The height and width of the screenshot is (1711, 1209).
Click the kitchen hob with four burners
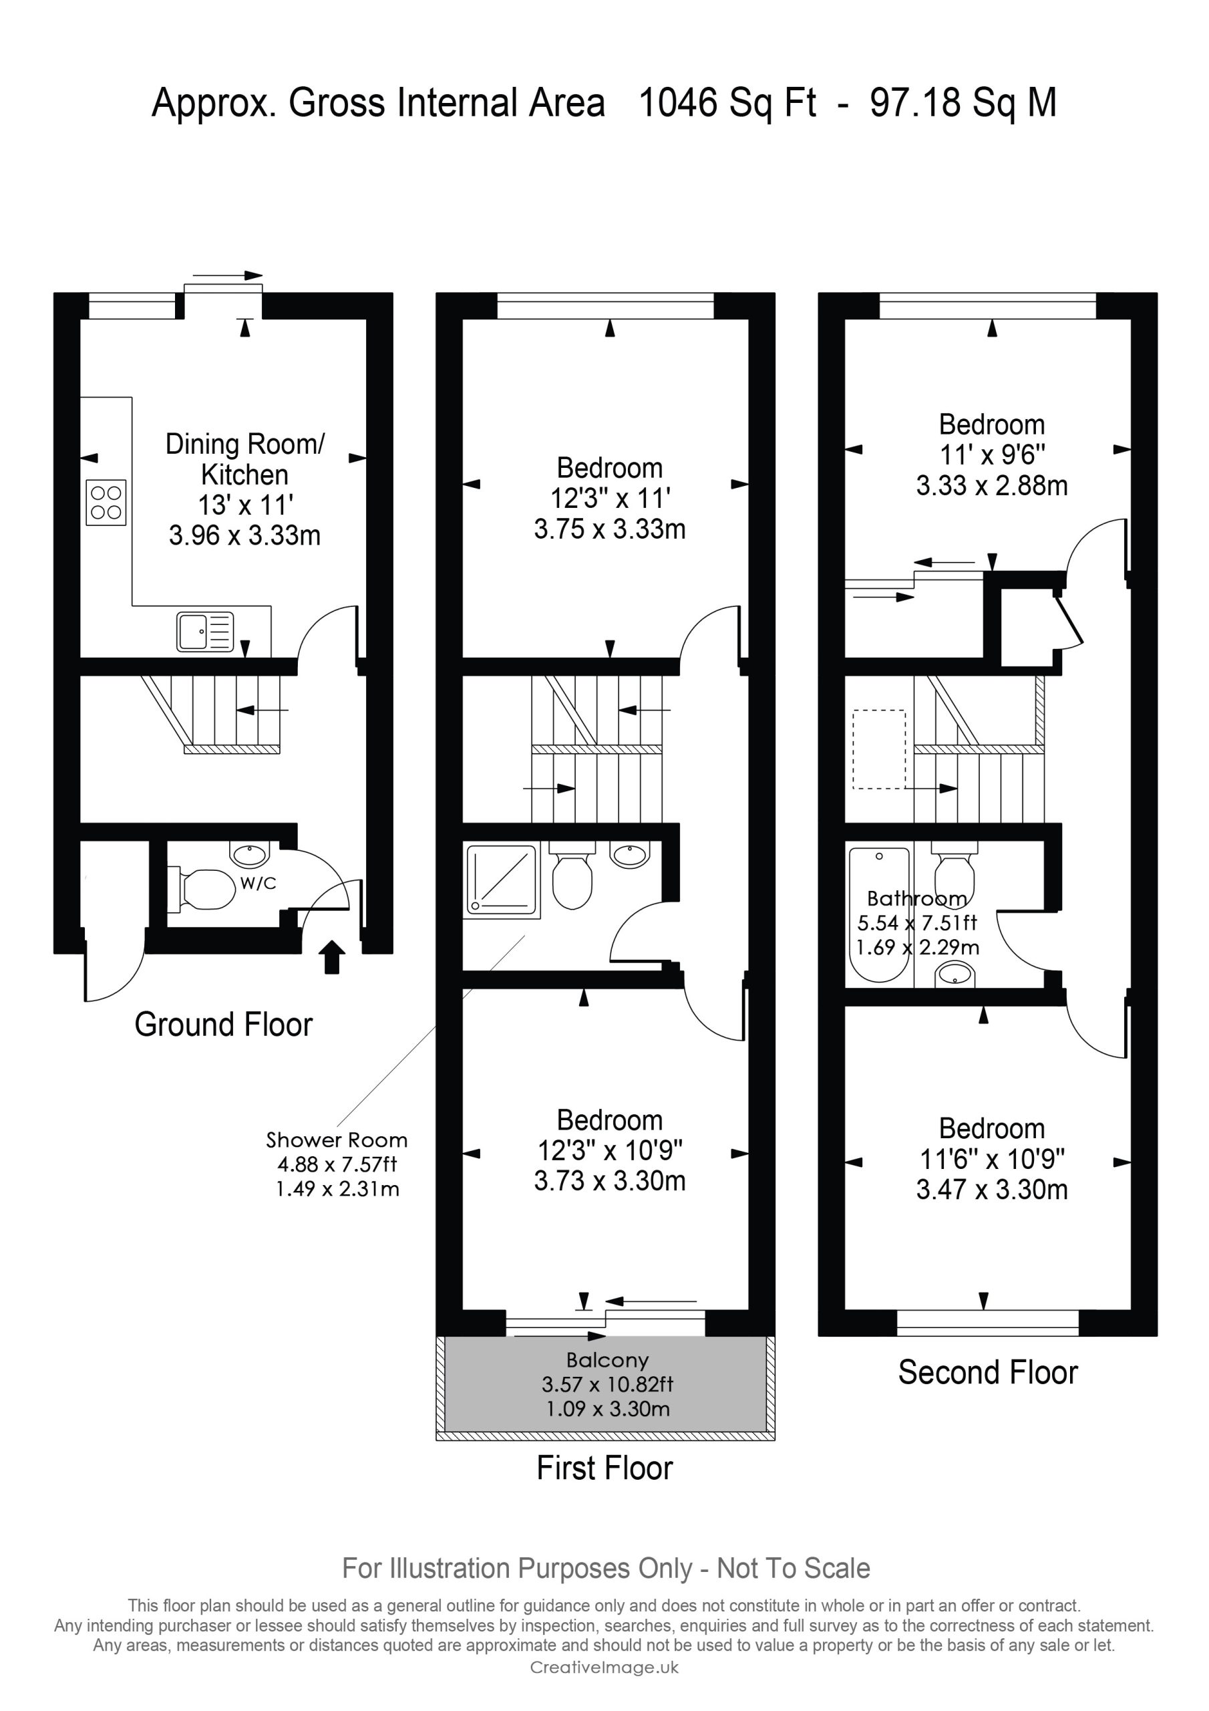click(106, 502)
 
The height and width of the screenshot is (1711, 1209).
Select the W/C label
click(258, 883)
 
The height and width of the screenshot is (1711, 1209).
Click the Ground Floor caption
click(224, 1024)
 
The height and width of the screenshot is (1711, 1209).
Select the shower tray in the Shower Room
click(502, 880)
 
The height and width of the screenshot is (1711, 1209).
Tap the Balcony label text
click(607, 1360)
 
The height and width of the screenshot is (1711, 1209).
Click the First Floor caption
click(605, 1468)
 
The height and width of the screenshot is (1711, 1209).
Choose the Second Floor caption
click(988, 1372)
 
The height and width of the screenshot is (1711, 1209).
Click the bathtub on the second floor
click(880, 914)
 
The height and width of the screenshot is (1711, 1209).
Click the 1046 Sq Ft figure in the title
click(728, 102)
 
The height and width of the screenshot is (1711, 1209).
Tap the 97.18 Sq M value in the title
click(963, 102)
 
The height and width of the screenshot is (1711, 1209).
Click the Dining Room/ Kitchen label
click(245, 459)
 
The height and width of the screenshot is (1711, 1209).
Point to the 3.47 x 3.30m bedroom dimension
click(991, 1190)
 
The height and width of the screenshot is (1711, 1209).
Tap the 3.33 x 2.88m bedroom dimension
click(991, 486)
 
